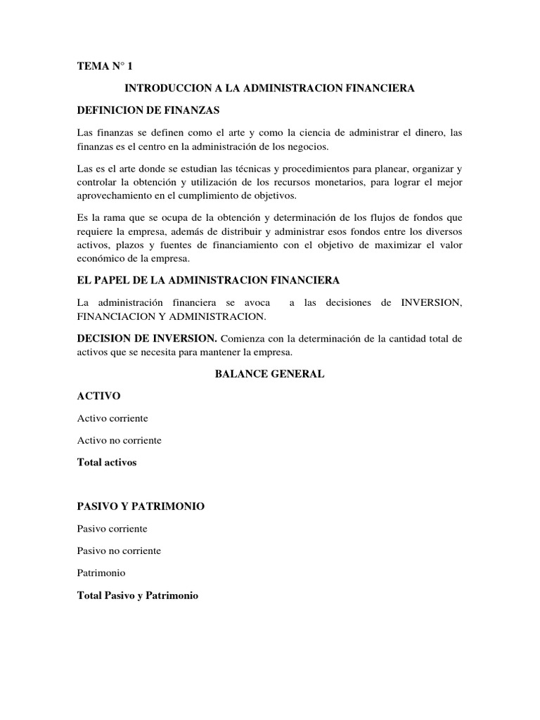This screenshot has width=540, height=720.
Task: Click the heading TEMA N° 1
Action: tap(104, 66)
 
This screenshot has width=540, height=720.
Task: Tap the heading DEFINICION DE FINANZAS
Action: tap(148, 110)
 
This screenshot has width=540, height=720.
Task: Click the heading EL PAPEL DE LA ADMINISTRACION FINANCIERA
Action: tap(208, 280)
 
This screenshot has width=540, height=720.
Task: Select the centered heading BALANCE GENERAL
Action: tap(269, 374)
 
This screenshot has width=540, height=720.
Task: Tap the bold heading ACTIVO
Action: tap(99, 396)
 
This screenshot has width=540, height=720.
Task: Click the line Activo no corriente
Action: tap(119, 440)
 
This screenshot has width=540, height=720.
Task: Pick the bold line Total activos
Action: tap(106, 463)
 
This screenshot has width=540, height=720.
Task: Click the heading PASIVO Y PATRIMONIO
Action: tap(141, 506)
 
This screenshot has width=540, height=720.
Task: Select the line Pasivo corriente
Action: tap(112, 529)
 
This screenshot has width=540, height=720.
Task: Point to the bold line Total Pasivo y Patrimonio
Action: tap(138, 596)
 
